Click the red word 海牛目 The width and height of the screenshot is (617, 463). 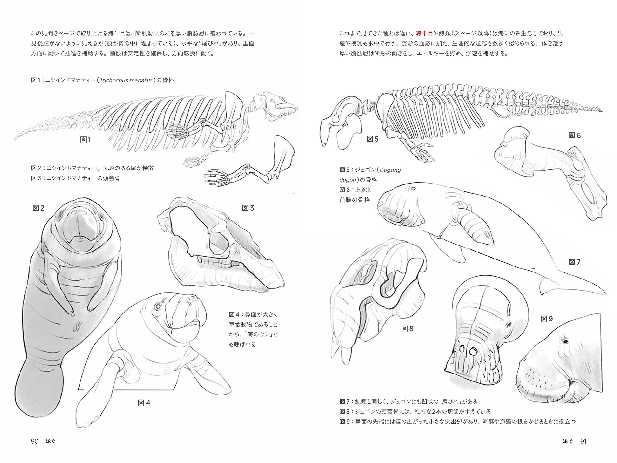(424, 34)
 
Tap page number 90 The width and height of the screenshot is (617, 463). (35, 441)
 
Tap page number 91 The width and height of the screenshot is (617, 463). (583, 441)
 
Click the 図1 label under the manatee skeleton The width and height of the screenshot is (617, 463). (86, 140)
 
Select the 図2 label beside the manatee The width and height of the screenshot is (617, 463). (39, 208)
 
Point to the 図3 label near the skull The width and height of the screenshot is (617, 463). (248, 208)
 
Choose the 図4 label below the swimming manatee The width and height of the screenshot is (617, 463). (144, 403)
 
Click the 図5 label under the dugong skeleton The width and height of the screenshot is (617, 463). (373, 139)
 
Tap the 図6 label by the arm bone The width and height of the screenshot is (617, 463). (575, 136)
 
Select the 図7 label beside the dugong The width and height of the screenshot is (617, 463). (575, 262)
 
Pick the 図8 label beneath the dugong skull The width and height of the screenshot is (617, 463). (407, 329)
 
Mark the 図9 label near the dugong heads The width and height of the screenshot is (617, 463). (547, 319)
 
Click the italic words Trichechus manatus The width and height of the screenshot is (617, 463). (126, 80)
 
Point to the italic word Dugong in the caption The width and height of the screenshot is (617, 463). (390, 170)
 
